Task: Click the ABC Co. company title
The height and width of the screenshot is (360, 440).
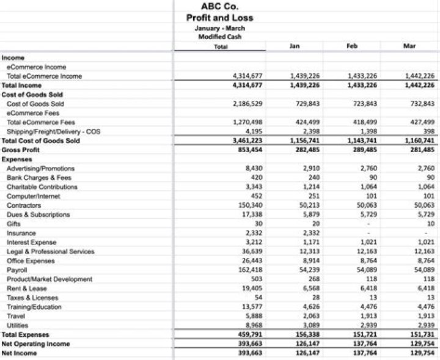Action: (219, 7)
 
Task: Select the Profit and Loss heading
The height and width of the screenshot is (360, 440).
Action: (219, 18)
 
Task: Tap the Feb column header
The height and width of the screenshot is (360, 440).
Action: (351, 46)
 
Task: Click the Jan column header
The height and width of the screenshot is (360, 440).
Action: (294, 46)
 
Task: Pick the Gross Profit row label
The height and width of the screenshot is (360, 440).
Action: (21, 150)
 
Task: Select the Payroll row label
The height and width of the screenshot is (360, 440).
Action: (17, 270)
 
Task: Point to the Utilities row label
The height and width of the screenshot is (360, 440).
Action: (18, 325)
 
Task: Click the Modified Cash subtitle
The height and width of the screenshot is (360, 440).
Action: (219, 37)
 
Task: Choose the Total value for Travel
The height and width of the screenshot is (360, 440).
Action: (253, 316)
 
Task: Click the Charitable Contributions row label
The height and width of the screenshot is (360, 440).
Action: (42, 186)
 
